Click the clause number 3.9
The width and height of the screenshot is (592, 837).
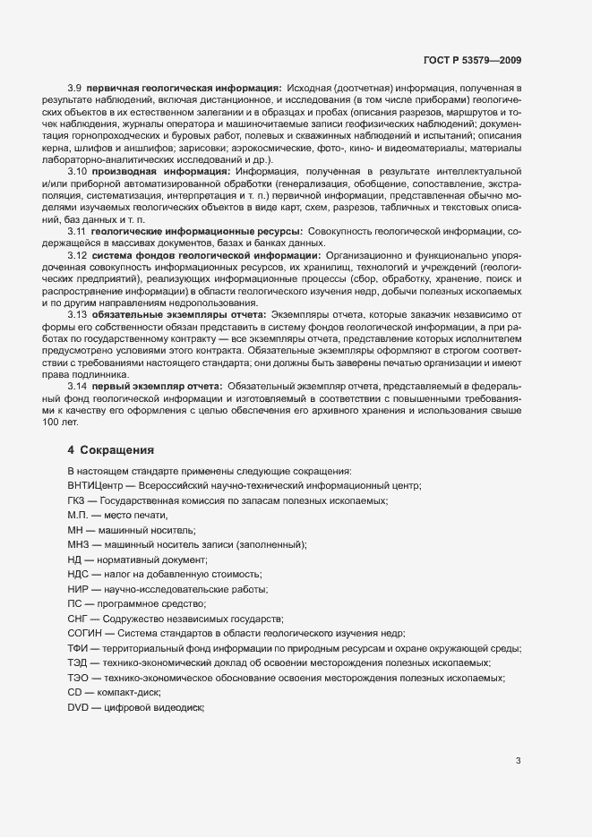75,88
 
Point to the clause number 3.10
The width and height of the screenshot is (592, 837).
78,171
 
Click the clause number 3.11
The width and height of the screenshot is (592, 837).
78,231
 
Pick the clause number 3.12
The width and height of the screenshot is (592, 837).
78,255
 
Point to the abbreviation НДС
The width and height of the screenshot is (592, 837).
79,573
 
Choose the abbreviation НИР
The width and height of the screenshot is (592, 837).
78,588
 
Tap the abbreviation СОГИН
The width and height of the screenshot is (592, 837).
85,633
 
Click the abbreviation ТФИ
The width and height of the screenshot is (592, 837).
78,648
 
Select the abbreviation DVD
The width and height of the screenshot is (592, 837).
80,707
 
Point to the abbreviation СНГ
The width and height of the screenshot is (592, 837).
78,619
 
